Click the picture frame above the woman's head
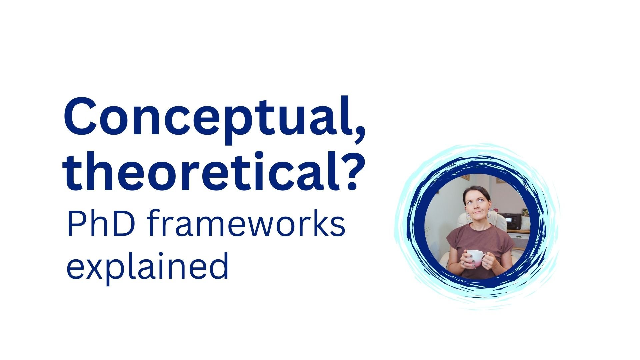point(465,177)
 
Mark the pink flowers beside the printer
point(525,213)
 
